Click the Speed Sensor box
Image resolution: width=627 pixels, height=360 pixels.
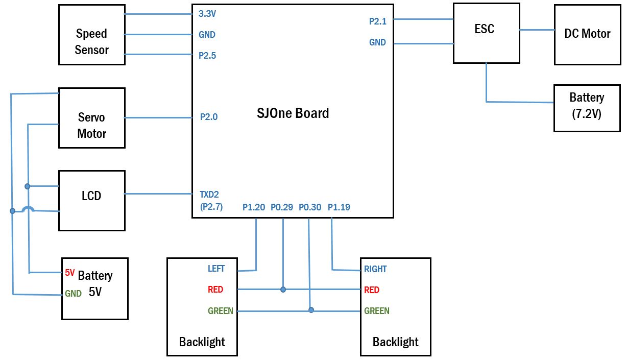[x=92, y=35]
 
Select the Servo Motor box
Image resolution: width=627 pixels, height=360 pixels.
[x=92, y=118]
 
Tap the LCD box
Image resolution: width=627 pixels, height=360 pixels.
[x=92, y=201]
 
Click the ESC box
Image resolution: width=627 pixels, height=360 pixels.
[x=487, y=33]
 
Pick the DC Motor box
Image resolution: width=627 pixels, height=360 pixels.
[x=588, y=35]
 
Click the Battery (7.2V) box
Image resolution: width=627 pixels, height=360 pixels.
[x=587, y=108]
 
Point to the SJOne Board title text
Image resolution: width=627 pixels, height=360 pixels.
[x=293, y=113]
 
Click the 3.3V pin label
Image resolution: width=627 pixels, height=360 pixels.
[x=207, y=13]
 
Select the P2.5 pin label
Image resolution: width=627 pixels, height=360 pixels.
[x=207, y=56]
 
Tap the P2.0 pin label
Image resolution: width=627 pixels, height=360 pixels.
[x=209, y=117]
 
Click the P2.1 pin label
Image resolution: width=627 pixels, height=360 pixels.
[x=378, y=21]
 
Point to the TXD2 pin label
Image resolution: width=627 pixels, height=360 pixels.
[x=209, y=194]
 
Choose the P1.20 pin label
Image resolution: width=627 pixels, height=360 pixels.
[x=254, y=207]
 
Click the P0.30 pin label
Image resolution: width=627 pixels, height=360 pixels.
[x=310, y=207]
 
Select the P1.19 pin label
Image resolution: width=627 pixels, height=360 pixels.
[x=339, y=207]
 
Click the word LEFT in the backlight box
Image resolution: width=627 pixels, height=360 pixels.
[x=216, y=269]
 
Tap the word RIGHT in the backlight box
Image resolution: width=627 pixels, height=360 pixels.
[x=375, y=269]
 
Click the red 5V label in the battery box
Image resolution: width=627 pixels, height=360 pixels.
[x=70, y=272]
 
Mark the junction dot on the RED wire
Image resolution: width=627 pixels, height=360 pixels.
[x=283, y=290]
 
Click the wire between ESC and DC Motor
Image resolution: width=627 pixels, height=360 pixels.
[x=537, y=30]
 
